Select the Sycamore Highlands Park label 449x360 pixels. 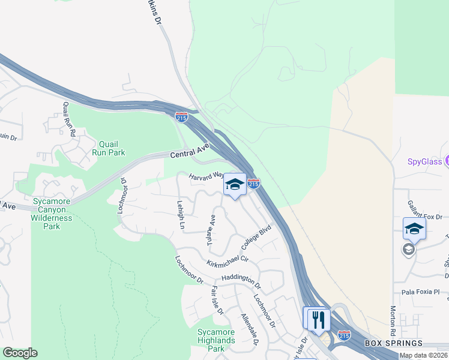[217, 341]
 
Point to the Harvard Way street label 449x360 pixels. [206, 177]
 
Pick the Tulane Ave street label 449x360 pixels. [211, 228]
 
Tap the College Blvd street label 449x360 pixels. [257, 236]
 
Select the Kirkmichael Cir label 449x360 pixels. [228, 259]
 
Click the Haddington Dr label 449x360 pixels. [240, 279]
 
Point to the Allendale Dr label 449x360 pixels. [250, 329]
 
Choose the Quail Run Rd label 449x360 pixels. [68, 118]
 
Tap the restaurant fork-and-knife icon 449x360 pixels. [318, 319]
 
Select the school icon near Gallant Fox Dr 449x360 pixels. [414, 229]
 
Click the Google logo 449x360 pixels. [20, 353]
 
